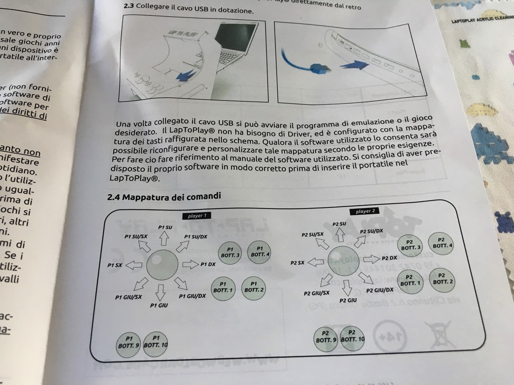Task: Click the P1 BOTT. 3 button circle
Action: pos(230,252)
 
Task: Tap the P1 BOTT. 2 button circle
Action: pos(254,287)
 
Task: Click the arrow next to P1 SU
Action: pos(163,239)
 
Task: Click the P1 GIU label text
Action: pos(159,305)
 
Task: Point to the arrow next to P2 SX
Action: pos(316,262)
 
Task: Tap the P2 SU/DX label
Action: pos(371,231)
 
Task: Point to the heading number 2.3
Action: pos(128,7)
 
